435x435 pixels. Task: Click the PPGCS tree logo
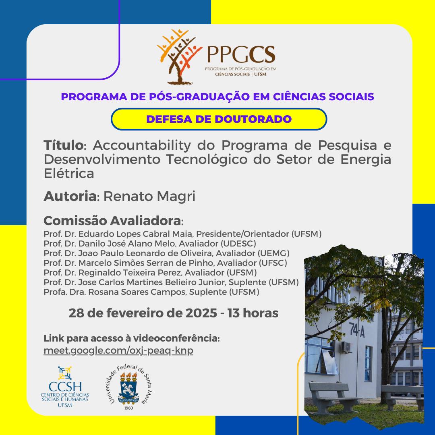point(179,57)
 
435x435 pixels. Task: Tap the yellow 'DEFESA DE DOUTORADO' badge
point(219,119)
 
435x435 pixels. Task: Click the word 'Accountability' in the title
point(142,145)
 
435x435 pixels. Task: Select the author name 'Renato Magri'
point(149,196)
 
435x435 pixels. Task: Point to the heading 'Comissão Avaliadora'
point(112,221)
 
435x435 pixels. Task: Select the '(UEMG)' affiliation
point(273,253)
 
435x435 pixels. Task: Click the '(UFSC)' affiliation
point(273,263)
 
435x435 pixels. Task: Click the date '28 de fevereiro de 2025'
point(143,313)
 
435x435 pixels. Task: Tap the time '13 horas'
point(253,313)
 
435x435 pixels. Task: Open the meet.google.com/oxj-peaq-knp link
point(118,350)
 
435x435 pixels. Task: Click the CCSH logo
point(65,387)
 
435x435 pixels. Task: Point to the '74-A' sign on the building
point(357,330)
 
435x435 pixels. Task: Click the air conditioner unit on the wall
point(346,347)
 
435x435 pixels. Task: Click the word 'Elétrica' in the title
point(69,174)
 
